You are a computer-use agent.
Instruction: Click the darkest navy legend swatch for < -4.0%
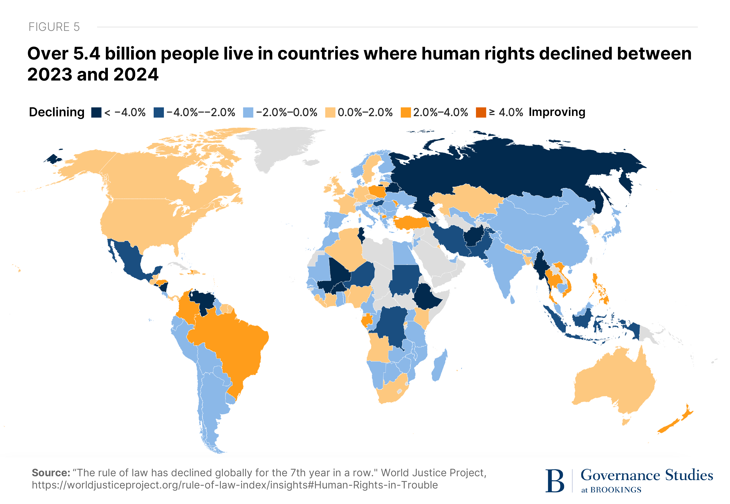point(96,112)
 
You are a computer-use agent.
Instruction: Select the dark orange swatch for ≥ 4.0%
point(481,112)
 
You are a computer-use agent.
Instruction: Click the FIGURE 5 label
point(54,27)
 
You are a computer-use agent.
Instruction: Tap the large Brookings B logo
point(554,481)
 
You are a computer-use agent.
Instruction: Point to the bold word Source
point(51,473)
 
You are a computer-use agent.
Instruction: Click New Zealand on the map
point(675,423)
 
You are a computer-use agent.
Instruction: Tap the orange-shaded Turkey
point(410,223)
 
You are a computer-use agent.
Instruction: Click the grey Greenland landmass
point(281,145)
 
